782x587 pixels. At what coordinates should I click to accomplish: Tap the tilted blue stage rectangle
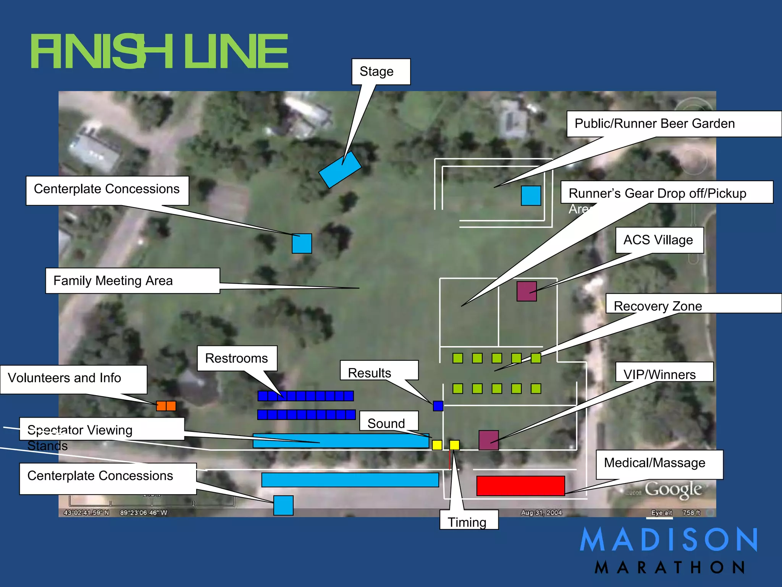pos(340,170)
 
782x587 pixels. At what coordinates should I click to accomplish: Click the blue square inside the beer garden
pos(531,196)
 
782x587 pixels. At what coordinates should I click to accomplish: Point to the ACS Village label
pos(659,240)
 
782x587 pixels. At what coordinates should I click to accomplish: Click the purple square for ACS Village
pos(527,291)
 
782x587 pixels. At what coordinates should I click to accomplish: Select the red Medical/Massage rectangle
pos(520,486)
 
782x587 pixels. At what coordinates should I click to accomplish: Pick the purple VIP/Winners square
pos(488,440)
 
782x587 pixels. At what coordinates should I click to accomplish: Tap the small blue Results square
pos(438,406)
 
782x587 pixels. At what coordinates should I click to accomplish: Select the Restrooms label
pos(237,358)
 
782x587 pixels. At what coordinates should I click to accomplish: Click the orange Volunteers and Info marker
pos(166,406)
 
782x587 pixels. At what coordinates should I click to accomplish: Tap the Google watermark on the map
pos(673,489)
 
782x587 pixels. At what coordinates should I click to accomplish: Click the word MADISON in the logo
pos(668,540)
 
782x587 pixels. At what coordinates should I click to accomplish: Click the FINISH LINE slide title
pos(159,51)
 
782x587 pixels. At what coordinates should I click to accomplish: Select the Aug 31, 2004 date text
pos(541,512)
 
